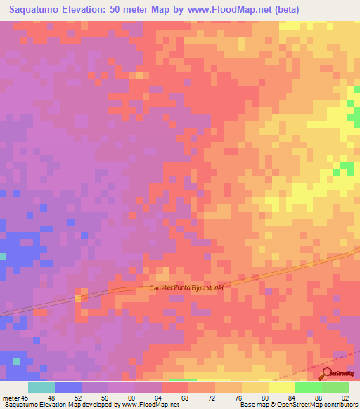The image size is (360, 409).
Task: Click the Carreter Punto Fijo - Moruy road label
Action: [x=189, y=287]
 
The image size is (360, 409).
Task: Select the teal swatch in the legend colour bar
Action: [x=41, y=387]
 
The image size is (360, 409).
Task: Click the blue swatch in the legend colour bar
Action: [x=67, y=387]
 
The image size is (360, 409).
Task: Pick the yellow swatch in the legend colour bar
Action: [x=255, y=387]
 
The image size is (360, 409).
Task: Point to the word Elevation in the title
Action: [x=91, y=10]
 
